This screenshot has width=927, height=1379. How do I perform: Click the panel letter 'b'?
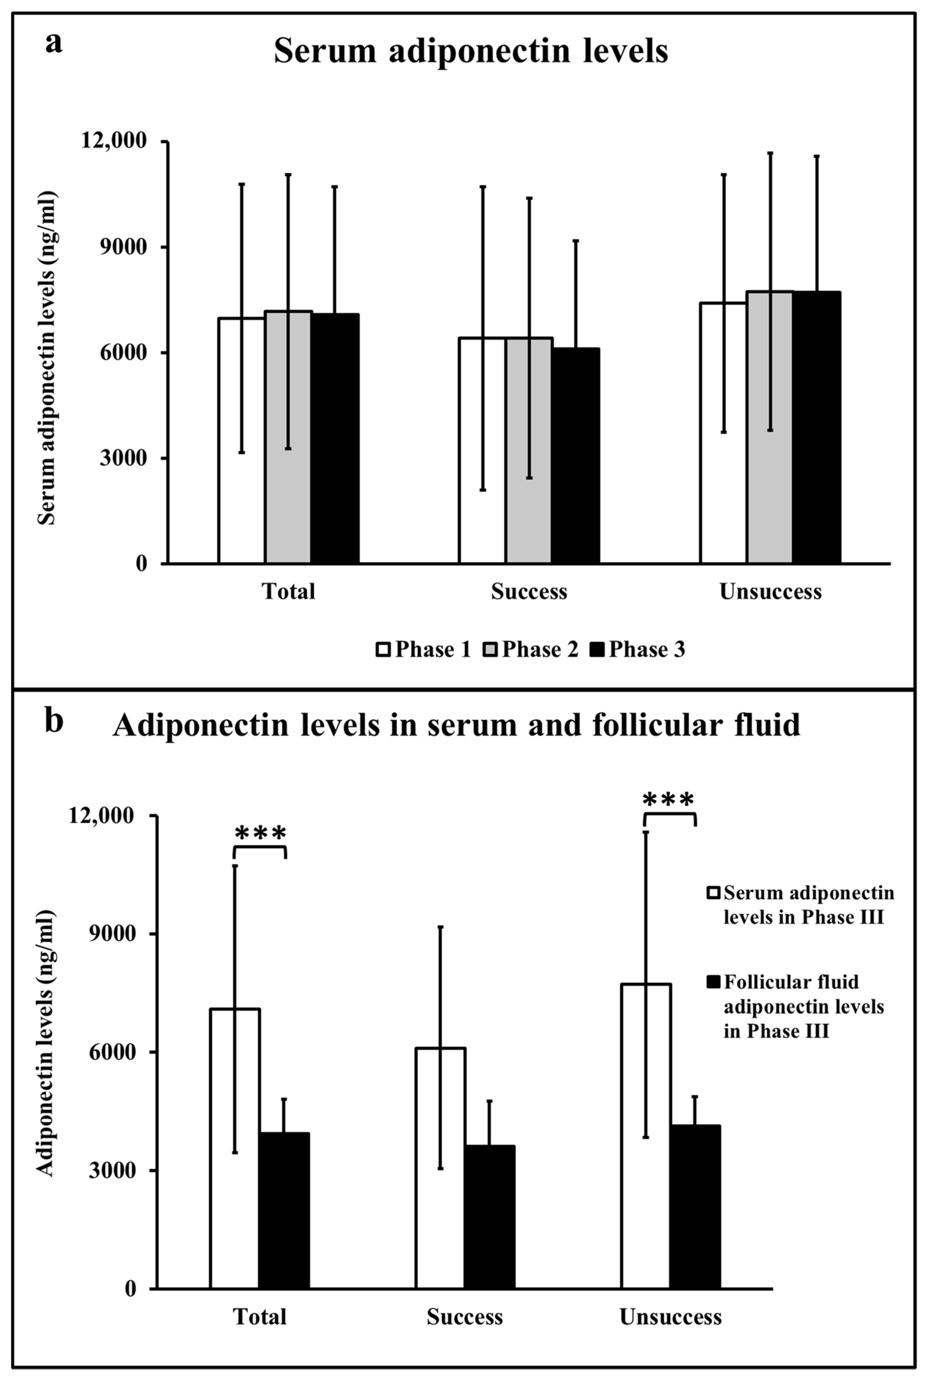click(x=54, y=722)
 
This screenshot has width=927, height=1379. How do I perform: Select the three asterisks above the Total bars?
click(x=260, y=833)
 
